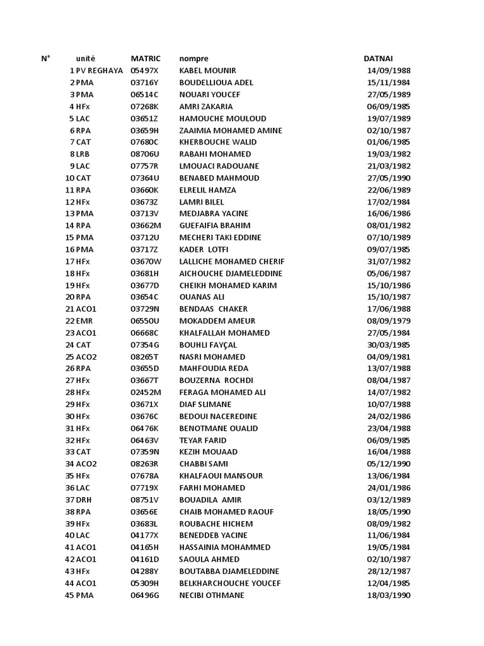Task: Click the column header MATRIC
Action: point(146,59)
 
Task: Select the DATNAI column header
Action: point(378,59)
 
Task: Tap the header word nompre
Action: point(193,59)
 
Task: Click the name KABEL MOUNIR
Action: point(208,71)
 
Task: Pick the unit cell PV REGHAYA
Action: point(100,71)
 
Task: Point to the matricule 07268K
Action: point(145,107)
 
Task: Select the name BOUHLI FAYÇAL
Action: point(208,345)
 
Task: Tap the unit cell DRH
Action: point(84,500)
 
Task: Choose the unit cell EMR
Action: point(84,321)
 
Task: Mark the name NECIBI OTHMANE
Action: point(212,595)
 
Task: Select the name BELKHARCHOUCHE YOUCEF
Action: point(230,583)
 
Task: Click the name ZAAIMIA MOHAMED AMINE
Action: point(231,131)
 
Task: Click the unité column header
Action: point(86,59)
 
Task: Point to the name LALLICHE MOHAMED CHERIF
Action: point(232,261)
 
